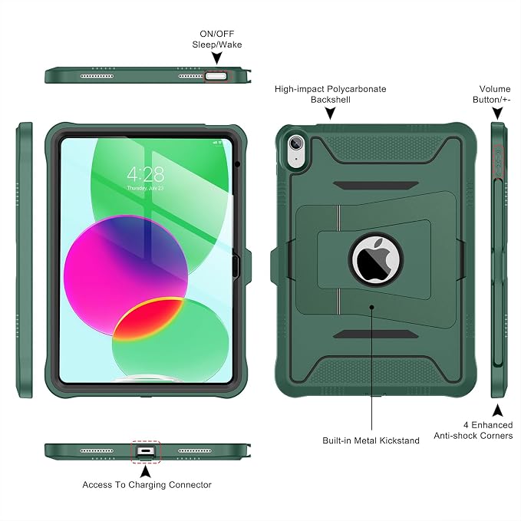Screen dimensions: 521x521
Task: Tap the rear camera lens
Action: click(x=295, y=143)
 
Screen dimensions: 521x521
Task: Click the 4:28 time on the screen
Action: click(x=146, y=174)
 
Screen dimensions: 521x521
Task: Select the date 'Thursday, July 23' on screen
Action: click(x=145, y=188)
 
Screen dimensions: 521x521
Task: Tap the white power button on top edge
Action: click(x=216, y=77)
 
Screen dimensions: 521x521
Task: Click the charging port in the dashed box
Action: click(x=146, y=451)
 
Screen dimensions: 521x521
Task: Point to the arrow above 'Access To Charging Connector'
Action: click(x=145, y=471)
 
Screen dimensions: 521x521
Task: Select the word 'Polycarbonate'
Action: click(x=356, y=89)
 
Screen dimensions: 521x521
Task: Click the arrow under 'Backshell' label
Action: click(x=330, y=114)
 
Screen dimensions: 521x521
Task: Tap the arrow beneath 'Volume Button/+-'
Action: click(x=497, y=114)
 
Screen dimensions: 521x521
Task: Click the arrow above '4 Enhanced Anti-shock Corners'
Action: click(x=497, y=411)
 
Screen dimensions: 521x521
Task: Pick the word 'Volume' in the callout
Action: click(x=495, y=89)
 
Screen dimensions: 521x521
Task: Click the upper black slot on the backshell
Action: click(x=375, y=186)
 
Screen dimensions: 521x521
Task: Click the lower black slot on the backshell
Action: click(x=375, y=334)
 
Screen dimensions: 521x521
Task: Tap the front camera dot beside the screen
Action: click(x=237, y=163)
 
